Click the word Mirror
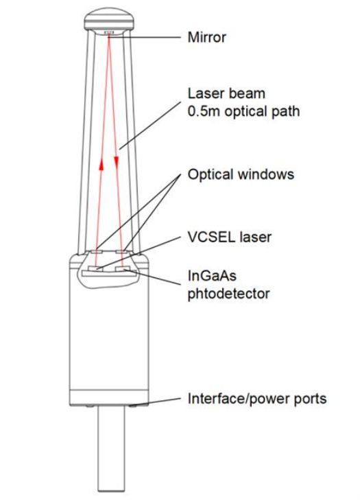point(206,37)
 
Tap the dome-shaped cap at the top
point(108,19)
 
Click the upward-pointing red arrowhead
point(101,165)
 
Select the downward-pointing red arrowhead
point(117,162)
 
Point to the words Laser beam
point(226,93)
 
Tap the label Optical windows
point(241,174)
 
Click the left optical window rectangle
point(96,252)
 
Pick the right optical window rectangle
point(122,252)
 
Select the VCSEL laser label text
point(230,237)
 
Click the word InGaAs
point(212,276)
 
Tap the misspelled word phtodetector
point(228,293)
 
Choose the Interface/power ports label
point(257,399)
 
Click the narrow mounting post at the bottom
point(111,448)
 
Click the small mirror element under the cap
point(109,32)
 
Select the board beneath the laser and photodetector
point(110,273)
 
